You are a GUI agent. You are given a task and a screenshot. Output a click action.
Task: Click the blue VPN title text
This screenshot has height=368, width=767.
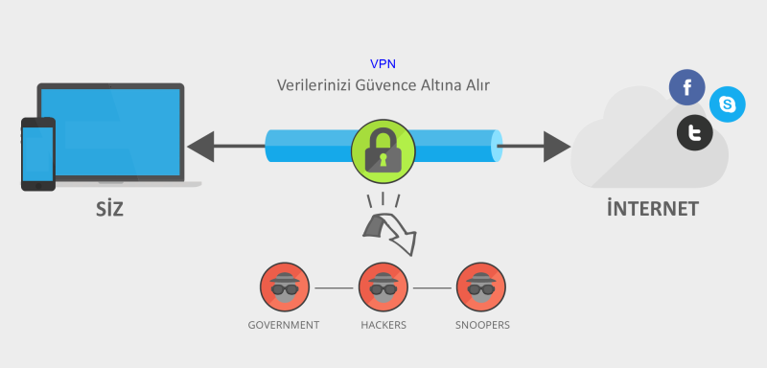(383, 63)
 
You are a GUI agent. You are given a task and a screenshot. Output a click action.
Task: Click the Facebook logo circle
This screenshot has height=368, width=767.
(686, 88)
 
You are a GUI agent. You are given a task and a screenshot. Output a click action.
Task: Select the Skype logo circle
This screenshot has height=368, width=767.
(728, 103)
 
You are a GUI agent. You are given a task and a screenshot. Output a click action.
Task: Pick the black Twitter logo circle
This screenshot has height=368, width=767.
(695, 132)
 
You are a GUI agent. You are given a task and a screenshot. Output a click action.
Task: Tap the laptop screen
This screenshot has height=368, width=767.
(110, 130)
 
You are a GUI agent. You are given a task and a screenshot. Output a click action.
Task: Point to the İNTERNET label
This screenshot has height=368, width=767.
(652, 209)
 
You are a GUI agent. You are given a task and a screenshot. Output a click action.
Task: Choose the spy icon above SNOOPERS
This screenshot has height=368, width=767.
(476, 287)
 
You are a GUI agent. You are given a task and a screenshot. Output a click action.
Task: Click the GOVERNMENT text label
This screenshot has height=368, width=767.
(283, 325)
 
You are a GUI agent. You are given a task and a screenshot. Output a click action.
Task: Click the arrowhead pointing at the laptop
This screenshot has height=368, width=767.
(201, 148)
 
